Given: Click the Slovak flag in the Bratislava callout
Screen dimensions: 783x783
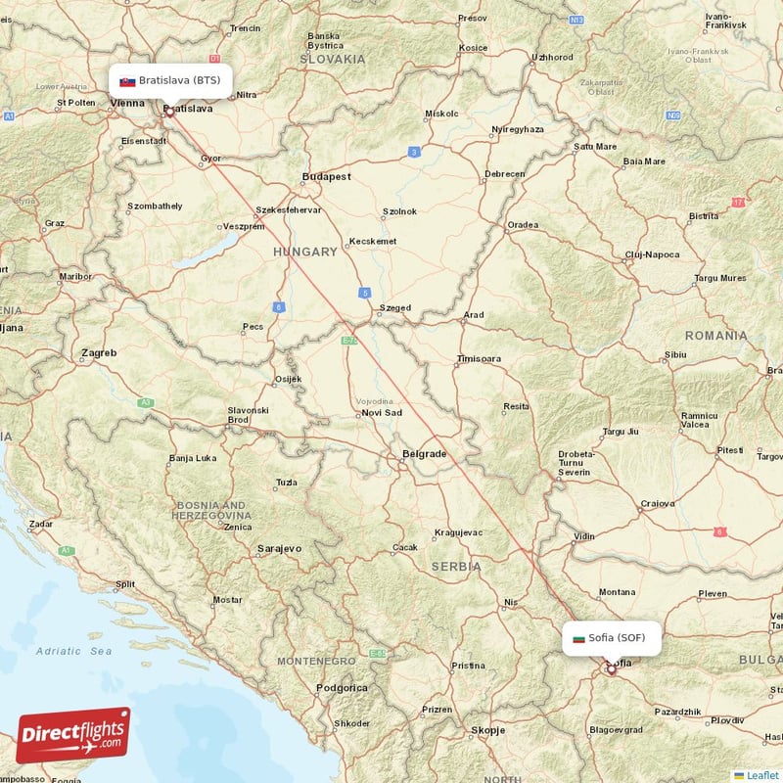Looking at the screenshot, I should [127, 81].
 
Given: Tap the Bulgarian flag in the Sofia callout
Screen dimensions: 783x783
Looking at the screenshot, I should [578, 638].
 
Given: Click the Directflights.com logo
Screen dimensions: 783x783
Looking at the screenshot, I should [73, 735].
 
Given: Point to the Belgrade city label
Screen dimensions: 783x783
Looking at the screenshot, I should [424, 454].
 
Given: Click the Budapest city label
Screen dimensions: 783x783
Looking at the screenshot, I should [327, 177].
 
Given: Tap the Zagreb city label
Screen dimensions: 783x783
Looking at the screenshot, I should [100, 352].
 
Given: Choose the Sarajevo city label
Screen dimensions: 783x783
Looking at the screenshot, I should [279, 549].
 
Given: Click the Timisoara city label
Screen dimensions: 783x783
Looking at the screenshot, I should [479, 359].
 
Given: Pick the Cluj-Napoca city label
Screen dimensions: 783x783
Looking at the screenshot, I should [652, 254].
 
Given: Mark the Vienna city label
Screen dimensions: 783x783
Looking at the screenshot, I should [128, 103].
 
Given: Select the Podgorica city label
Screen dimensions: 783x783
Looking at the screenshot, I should [342, 688].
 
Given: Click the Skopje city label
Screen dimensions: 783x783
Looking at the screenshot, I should [487, 730].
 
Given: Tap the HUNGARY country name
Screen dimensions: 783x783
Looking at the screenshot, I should [305, 252].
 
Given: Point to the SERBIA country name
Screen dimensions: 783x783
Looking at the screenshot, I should [456, 566].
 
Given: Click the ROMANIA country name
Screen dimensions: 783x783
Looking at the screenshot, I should [715, 336].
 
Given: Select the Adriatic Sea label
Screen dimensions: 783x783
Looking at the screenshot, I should [73, 651].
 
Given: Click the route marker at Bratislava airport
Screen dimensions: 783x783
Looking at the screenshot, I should [168, 112].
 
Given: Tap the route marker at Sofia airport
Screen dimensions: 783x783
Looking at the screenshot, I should [612, 669].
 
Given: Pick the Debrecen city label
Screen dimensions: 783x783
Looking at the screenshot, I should [505, 174].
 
